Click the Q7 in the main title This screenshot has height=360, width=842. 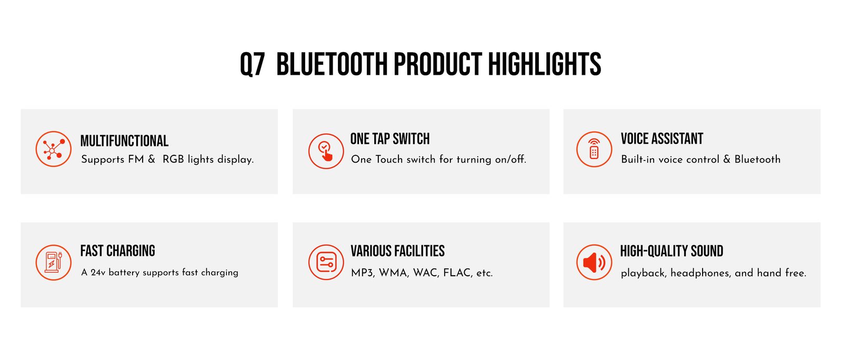[x=253, y=64]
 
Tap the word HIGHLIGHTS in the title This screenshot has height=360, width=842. [x=545, y=64]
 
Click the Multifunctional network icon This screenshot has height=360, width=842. [x=53, y=149]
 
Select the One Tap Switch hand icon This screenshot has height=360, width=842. [x=326, y=151]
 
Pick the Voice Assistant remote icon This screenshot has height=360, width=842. [x=594, y=149]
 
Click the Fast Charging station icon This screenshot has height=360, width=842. [x=53, y=262]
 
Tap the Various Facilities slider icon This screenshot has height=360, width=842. [x=326, y=262]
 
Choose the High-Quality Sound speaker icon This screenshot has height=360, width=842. [x=594, y=262]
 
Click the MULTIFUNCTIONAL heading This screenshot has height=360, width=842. [x=124, y=141]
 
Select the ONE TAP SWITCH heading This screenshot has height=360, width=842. [x=390, y=138]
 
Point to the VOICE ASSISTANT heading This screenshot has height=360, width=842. [x=661, y=138]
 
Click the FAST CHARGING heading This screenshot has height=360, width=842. [x=118, y=251]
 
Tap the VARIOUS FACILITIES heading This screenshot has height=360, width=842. [x=398, y=251]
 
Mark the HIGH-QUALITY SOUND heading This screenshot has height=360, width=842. [x=671, y=251]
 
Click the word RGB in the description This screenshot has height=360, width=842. [x=173, y=159]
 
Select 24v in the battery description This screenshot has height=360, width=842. [x=98, y=273]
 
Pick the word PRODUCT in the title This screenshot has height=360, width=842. [x=438, y=64]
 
